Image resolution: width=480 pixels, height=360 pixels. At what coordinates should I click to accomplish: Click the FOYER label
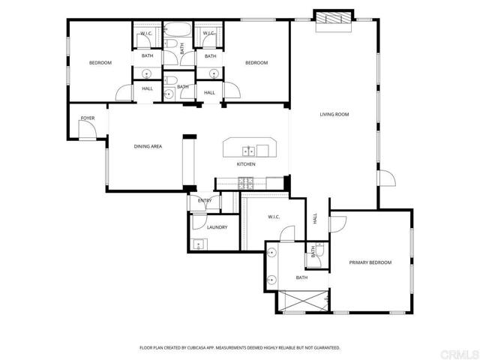[x=88, y=118]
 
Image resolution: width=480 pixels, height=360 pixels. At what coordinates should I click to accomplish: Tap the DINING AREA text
[x=148, y=146]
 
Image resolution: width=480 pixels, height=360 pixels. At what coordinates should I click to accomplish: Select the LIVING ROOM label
[x=334, y=114]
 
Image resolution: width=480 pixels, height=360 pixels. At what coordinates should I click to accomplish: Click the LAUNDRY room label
[x=217, y=226]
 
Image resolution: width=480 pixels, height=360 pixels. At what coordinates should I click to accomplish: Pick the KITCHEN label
[x=247, y=163]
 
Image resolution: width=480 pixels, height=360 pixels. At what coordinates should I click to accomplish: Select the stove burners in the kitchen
[x=244, y=181]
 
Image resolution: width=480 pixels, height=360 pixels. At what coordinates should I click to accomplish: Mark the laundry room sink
[x=197, y=243]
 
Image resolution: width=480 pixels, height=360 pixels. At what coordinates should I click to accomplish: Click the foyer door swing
[x=88, y=132]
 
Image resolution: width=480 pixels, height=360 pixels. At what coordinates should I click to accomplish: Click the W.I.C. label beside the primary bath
[x=274, y=217]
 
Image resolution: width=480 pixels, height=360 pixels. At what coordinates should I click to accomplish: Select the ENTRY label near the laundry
[x=205, y=201]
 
